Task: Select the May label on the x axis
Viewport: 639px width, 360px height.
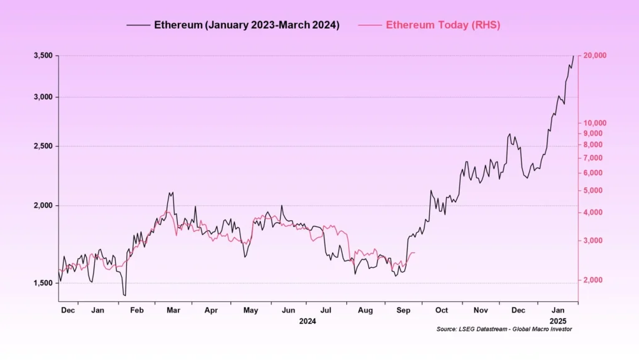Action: point(251,310)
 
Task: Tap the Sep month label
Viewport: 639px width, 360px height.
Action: point(404,310)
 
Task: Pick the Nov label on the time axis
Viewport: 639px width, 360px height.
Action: point(480,310)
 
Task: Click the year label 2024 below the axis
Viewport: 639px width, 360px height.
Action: point(308,321)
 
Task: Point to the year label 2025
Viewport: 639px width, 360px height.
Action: point(559,321)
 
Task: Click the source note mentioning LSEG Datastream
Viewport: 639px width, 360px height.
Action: point(504,329)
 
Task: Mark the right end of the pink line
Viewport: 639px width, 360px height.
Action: point(415,253)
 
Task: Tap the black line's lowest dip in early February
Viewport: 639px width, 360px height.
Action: point(125,295)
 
